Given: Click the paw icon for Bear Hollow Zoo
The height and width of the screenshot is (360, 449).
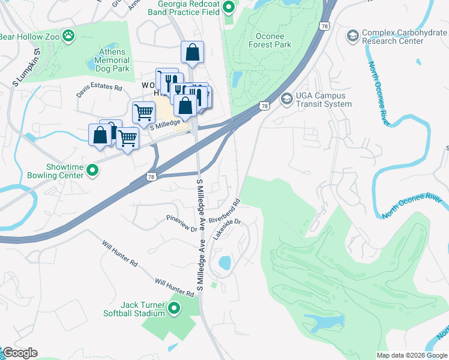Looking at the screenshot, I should click(x=71, y=35).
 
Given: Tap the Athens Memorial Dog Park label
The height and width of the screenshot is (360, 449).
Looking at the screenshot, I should click(x=112, y=60).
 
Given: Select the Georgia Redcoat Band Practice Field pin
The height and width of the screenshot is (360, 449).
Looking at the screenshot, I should click(x=229, y=8).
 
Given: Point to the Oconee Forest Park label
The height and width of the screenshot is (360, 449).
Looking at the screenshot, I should click(x=270, y=40).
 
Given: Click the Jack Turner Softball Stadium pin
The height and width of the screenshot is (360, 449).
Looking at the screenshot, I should click(x=175, y=309).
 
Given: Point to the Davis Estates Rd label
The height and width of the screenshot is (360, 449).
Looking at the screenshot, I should click(x=99, y=91).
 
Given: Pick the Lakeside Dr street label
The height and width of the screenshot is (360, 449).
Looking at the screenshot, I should click(x=226, y=229).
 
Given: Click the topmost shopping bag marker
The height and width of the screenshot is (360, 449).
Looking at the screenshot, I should click(x=192, y=53).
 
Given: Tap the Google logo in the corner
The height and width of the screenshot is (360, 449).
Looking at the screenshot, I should click(x=19, y=353).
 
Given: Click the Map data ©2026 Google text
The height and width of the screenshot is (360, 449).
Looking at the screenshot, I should click(x=411, y=355).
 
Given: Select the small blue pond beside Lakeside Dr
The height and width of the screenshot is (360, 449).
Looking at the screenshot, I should click(x=225, y=263).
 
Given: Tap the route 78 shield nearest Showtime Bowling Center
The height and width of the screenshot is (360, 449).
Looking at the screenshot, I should click(x=151, y=177).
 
